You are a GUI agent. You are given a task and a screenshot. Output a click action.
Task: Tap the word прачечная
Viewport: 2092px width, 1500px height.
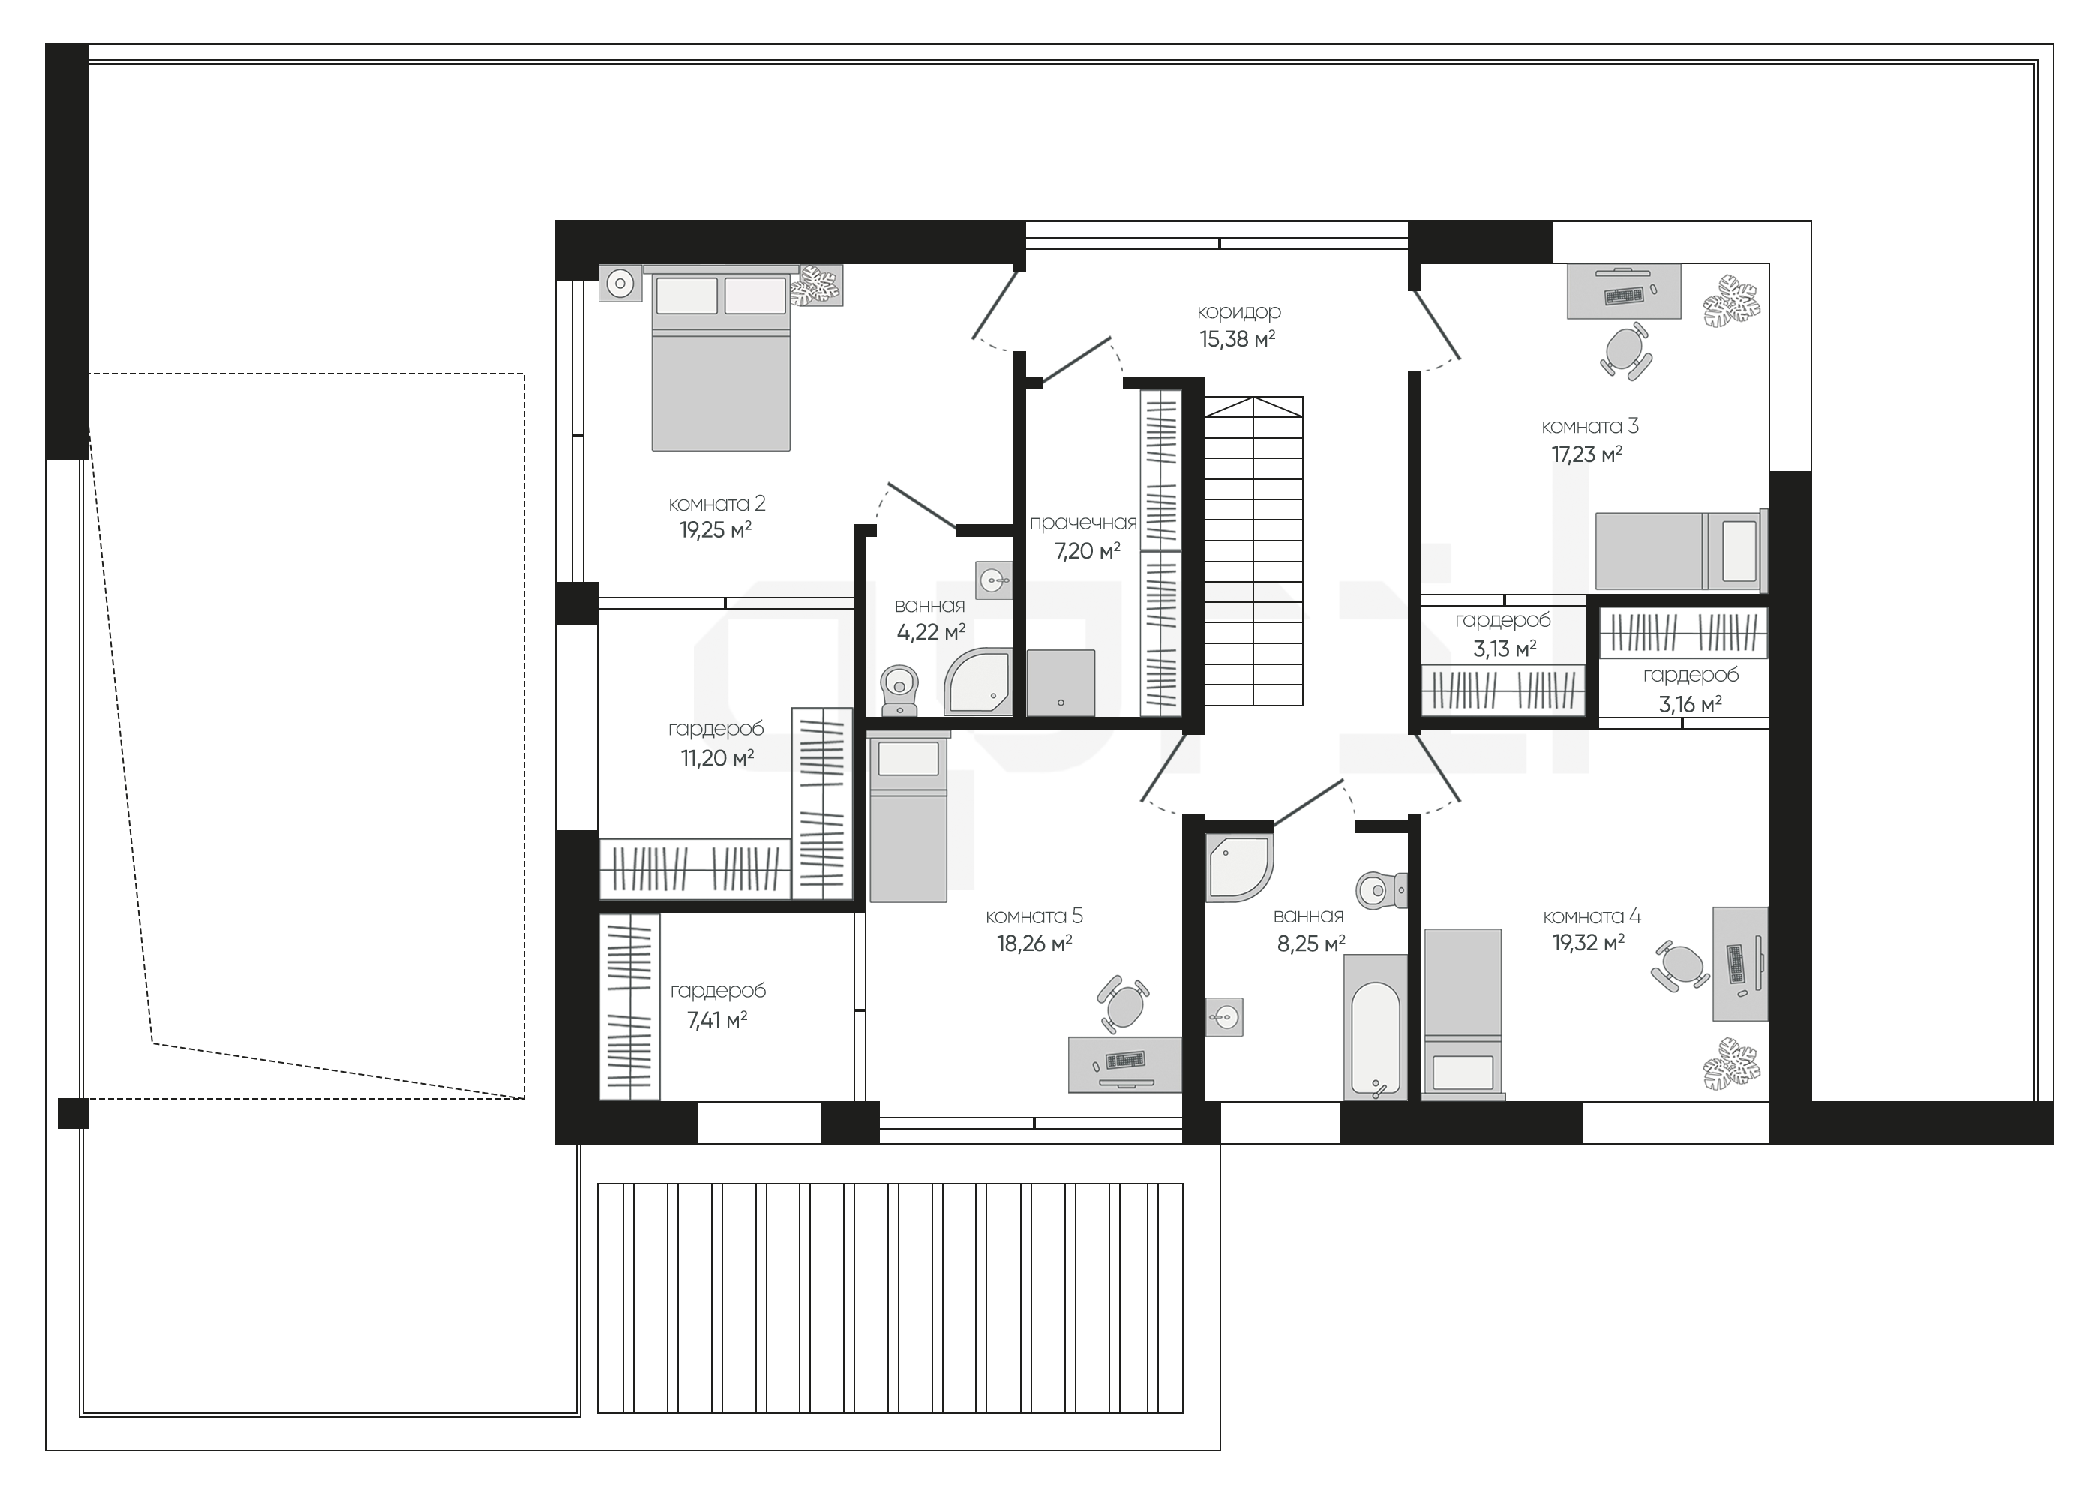1083,523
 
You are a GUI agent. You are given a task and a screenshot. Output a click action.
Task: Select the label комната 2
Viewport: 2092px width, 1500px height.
716,504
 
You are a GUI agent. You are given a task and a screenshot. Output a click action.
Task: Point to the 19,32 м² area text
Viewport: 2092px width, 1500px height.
1589,943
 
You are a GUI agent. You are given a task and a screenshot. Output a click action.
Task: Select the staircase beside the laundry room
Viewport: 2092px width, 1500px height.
1253,550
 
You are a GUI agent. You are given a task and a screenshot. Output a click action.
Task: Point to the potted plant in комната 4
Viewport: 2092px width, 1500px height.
1730,1063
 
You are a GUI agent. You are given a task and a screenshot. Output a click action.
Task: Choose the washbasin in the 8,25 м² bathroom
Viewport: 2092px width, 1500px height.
1224,1016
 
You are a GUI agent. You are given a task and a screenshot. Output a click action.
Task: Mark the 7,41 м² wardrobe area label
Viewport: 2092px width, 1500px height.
718,1020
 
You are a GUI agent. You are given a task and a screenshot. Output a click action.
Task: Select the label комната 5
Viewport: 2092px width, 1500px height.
1034,916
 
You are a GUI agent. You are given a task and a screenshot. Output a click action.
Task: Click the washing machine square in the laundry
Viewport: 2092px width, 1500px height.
1061,682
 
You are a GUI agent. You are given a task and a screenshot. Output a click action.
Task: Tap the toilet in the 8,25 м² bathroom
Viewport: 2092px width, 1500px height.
1380,890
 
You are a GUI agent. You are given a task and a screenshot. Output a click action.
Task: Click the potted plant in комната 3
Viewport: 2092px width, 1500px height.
1731,300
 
